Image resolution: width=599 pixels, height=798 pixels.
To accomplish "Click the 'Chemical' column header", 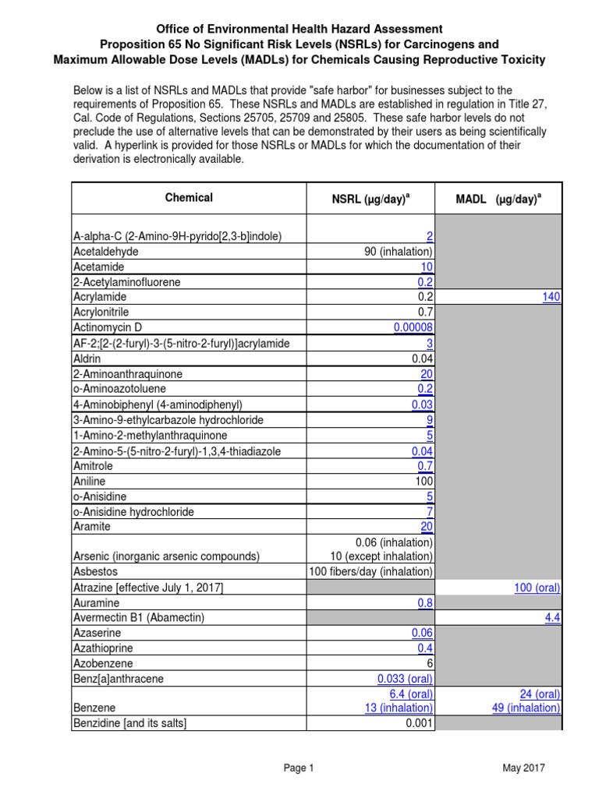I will click(189, 198).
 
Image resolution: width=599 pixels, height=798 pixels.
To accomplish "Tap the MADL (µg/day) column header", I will click(498, 199).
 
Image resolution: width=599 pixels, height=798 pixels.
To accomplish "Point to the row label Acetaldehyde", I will click(107, 251).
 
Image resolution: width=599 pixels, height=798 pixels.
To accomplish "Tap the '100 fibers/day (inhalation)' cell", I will click(371, 571).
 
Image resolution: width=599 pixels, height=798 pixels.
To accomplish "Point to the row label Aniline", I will click(90, 480).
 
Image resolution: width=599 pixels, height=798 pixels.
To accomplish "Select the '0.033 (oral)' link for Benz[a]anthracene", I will click(402, 679).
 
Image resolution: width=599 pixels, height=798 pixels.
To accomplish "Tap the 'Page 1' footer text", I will click(299, 768).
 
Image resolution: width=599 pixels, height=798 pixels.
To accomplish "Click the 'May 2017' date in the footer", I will click(523, 768).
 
